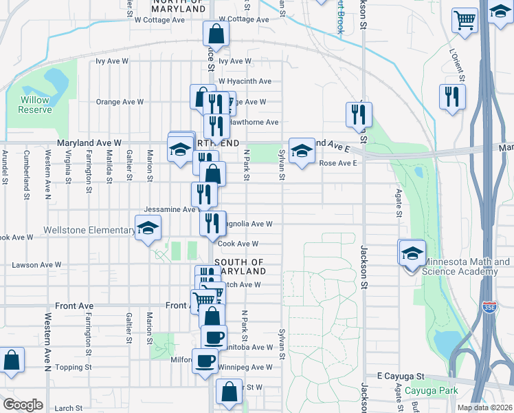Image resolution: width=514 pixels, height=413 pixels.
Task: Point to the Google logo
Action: tap(23, 404)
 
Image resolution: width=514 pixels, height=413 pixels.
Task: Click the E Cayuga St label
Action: tap(401, 377)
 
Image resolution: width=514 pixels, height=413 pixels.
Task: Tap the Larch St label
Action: tap(69, 408)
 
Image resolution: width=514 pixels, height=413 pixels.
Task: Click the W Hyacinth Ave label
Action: tap(245, 81)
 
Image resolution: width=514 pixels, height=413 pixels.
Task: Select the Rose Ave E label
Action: tap(339, 163)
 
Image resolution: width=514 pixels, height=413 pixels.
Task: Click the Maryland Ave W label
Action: tap(89, 142)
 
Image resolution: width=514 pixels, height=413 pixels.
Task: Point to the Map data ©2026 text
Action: tap(484, 407)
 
